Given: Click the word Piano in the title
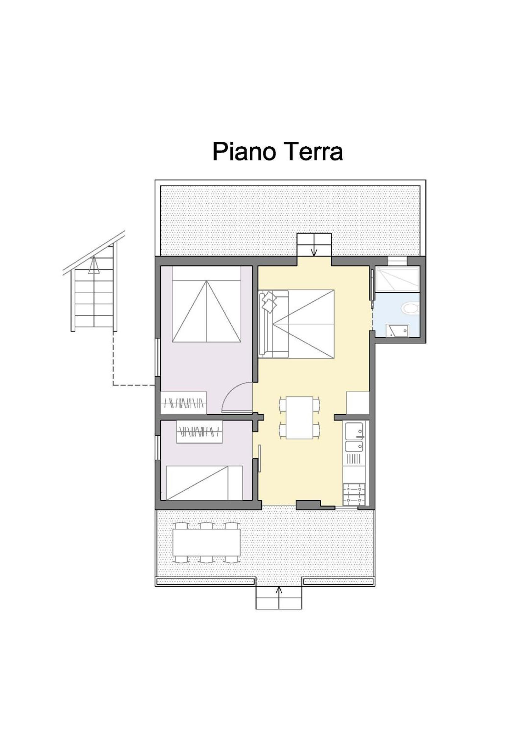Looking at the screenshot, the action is (244, 152).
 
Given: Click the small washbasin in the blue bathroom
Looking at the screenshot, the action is (397, 331).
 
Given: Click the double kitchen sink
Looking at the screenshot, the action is (354, 437).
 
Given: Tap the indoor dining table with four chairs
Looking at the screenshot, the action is (300, 417).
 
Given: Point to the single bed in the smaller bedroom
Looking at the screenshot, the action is (204, 483).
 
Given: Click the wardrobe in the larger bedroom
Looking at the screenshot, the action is (184, 403).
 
